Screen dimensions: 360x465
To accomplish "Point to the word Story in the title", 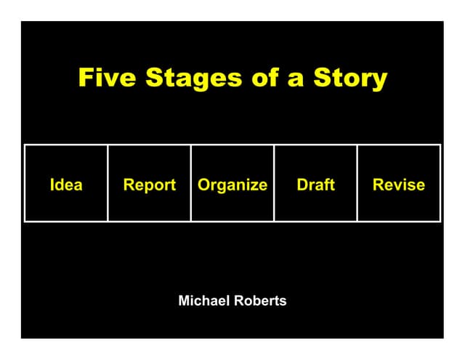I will tap(350, 79).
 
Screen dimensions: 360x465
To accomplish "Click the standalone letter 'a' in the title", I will tap(296, 79).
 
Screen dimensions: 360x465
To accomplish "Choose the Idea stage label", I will tap(66, 185).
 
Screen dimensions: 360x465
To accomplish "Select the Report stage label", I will tap(150, 185).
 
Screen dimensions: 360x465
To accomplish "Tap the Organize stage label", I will tap(232, 185).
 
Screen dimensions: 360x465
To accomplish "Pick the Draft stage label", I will tap(316, 185).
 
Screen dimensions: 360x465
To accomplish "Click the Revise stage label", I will tap(399, 185).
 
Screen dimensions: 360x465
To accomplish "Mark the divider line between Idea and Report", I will tap(108, 183).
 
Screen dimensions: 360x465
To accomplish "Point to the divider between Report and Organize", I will tap(191, 183).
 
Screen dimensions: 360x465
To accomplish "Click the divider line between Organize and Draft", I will tap(274, 183).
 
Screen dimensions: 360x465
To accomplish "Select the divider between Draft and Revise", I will tap(357, 183).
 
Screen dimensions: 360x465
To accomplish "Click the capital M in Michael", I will tap(184, 300).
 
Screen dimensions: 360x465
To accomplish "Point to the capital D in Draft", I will tap(302, 185).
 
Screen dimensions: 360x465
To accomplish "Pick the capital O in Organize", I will tap(203, 185).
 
